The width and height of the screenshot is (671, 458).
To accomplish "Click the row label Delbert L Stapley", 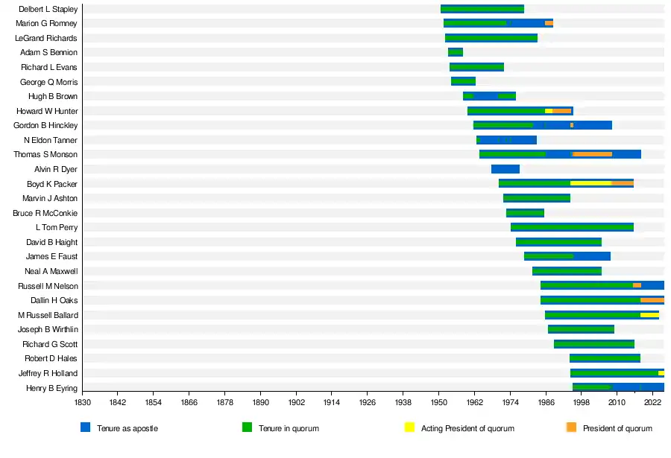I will (48, 9).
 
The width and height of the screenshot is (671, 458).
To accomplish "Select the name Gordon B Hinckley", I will (45, 125).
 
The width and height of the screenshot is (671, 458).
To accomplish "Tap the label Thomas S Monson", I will (45, 154).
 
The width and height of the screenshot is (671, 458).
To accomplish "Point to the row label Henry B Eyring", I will (51, 388).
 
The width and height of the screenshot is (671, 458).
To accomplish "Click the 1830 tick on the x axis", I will (82, 402).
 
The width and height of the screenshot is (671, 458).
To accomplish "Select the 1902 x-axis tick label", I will (296, 402).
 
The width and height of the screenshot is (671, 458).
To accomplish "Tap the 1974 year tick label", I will (510, 402).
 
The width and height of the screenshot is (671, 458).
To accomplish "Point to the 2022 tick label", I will (652, 402).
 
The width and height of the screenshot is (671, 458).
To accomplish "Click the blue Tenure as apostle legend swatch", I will (86, 427).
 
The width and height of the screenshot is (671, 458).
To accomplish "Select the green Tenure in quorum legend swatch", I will (248, 427).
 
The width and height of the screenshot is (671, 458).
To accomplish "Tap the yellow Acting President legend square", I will (409, 427).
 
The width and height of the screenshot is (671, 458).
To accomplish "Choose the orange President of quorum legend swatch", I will (572, 427).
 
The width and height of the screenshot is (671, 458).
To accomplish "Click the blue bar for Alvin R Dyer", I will (505, 169).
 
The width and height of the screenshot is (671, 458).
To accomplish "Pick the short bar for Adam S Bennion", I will (456, 52).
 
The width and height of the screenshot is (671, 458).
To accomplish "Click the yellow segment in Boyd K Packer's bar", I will (590, 183).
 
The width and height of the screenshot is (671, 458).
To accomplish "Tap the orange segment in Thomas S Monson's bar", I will (592, 154).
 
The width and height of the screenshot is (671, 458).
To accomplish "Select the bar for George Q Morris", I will (463, 81).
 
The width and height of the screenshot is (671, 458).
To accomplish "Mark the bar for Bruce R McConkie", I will (525, 213).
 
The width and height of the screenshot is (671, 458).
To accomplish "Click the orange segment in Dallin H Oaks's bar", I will (652, 300).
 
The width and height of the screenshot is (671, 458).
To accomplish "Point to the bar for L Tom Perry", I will (572, 227).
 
